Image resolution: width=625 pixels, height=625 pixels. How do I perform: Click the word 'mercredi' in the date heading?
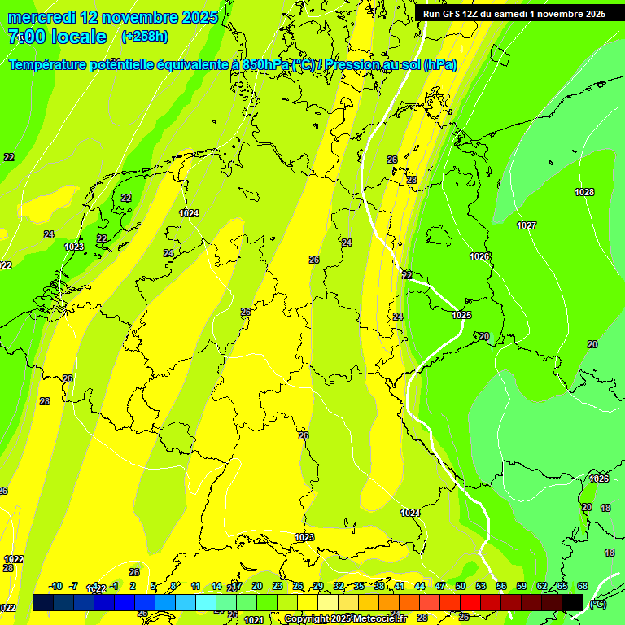click(42, 17)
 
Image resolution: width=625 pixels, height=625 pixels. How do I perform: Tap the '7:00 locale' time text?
click(57, 37)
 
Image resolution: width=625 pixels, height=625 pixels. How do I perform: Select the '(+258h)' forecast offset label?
click(145, 37)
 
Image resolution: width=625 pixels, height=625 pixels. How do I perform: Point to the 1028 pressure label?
click(583, 192)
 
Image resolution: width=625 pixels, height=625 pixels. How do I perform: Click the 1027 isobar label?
click(527, 225)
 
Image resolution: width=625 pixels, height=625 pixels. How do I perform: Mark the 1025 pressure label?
click(461, 315)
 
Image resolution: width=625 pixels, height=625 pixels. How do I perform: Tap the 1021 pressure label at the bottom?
click(254, 620)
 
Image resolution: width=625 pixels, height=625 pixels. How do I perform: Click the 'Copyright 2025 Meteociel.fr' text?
click(345, 619)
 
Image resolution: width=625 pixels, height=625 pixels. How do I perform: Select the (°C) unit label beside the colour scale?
click(597, 604)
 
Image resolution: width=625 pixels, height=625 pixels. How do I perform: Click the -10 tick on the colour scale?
click(55, 586)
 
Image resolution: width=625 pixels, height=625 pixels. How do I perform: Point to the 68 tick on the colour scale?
click(583, 586)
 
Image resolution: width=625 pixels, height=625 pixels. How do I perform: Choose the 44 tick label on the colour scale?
click(420, 586)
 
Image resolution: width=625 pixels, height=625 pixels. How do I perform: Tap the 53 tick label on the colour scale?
click(481, 586)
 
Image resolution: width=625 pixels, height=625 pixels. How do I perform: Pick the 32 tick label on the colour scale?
click(339, 586)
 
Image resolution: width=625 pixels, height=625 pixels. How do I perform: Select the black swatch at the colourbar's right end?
click(572, 602)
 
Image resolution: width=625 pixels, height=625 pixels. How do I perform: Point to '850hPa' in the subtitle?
click(265, 64)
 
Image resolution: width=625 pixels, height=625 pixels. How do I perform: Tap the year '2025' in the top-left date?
click(195, 17)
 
